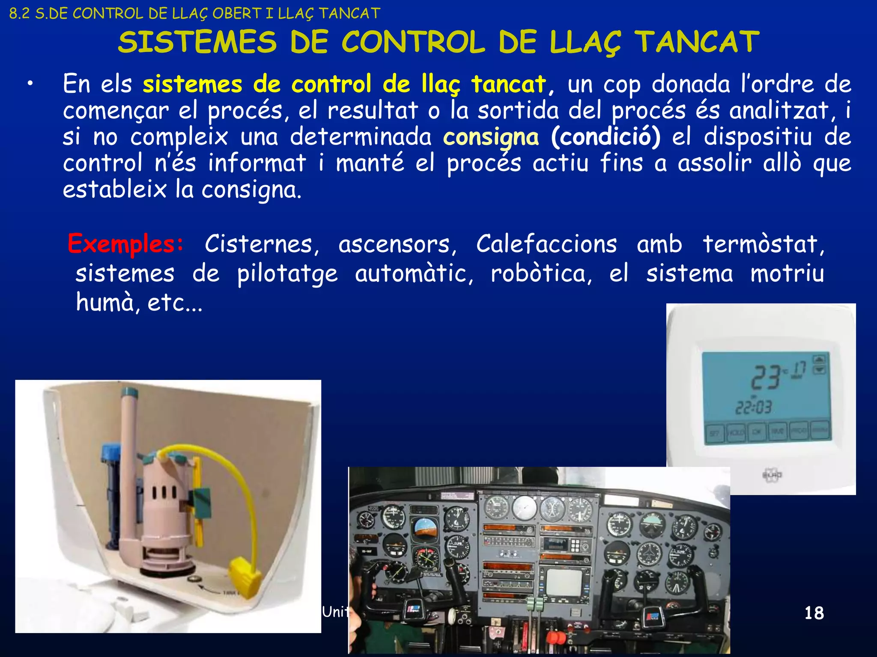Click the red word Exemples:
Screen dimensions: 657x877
pos(126,245)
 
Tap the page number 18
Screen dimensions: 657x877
pos(814,613)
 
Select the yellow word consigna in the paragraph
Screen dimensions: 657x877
pos(491,138)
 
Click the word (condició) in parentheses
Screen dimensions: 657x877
pos(606,137)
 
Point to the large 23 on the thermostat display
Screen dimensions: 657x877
pos(767,377)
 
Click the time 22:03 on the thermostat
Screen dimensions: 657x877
pos(753,407)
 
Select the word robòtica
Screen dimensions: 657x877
pos(541,274)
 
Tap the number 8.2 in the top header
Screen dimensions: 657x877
pos(19,14)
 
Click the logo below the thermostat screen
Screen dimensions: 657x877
pos(772,475)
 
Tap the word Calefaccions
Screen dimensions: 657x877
pos(546,245)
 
